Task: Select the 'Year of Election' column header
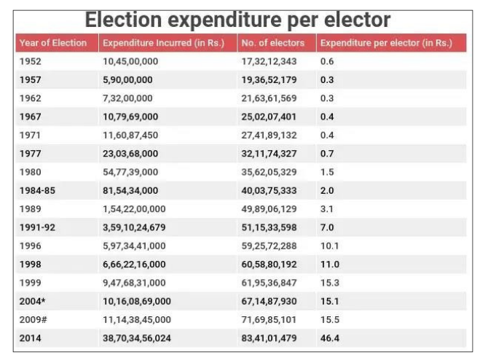(x=53, y=44)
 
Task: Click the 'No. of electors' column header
(x=273, y=44)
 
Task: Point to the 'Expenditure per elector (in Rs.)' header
(x=386, y=44)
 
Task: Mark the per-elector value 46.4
(x=329, y=337)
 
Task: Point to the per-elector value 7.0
(x=327, y=227)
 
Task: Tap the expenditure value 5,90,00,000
(x=127, y=79)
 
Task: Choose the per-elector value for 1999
(x=329, y=281)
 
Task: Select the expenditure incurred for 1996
(x=134, y=246)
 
